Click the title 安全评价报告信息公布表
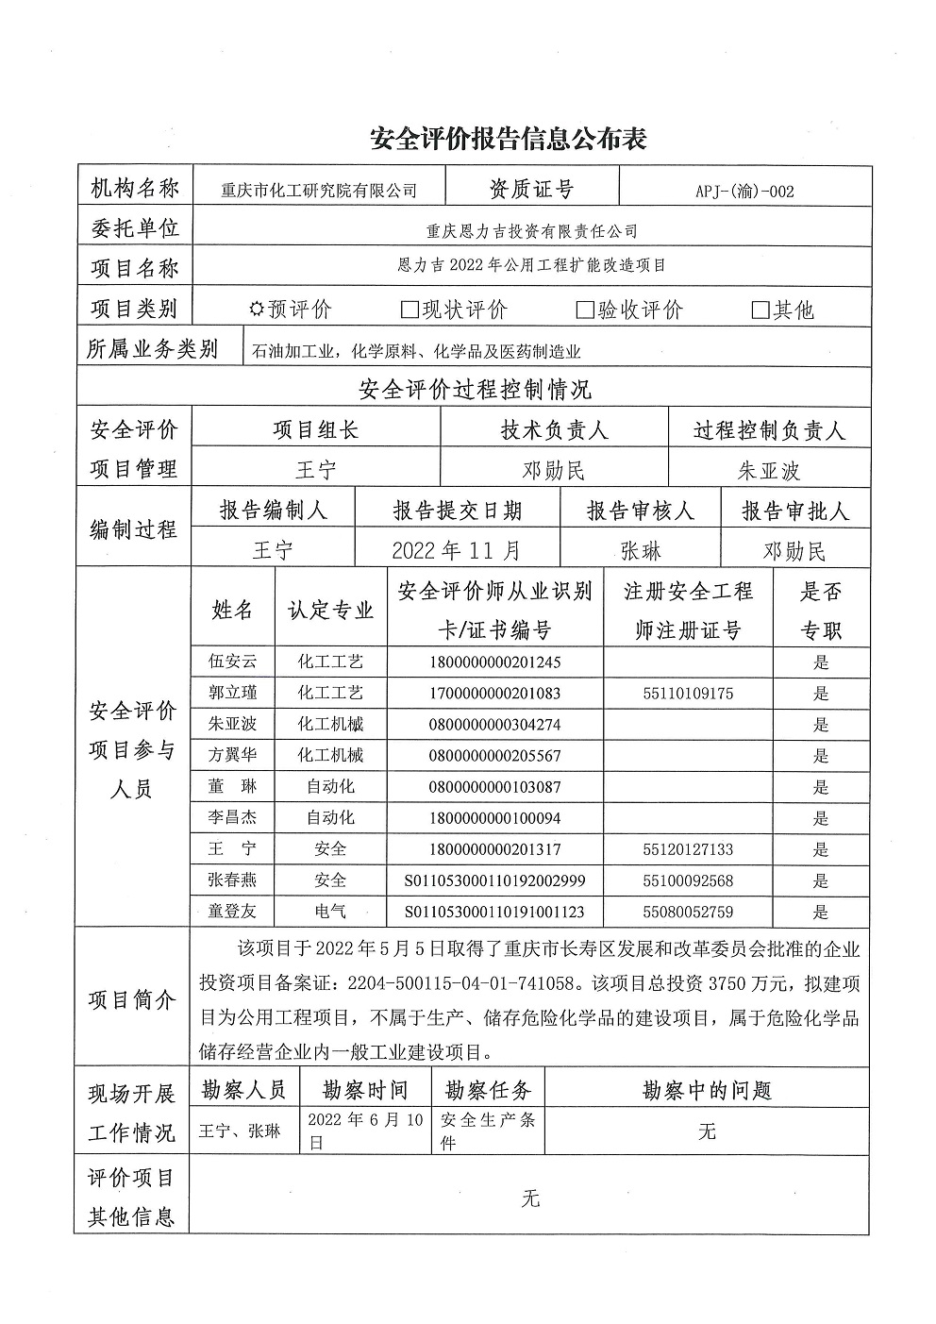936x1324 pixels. click(x=509, y=140)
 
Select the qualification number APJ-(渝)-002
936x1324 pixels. click(x=744, y=191)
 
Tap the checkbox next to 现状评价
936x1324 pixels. click(x=409, y=310)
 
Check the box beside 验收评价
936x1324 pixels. click(x=585, y=310)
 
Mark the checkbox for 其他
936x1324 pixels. click(x=760, y=310)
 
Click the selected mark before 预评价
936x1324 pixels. click(x=256, y=310)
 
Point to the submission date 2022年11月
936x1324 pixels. click(x=456, y=550)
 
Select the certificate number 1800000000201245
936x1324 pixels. click(x=494, y=662)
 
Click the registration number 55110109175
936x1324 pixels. click(x=687, y=694)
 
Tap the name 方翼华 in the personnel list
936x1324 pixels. click(x=232, y=756)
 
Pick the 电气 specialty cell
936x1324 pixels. click(x=330, y=912)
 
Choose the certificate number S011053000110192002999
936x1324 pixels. click(x=494, y=880)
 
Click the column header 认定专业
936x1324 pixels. click(x=330, y=610)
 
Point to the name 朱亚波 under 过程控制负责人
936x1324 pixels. click(x=768, y=471)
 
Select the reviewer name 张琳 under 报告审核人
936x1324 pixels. click(x=641, y=550)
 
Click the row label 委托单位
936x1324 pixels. click(x=134, y=227)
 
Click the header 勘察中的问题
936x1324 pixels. click(x=707, y=1091)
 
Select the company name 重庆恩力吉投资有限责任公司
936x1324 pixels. click(x=532, y=230)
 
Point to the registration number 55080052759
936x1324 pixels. click(x=687, y=912)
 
